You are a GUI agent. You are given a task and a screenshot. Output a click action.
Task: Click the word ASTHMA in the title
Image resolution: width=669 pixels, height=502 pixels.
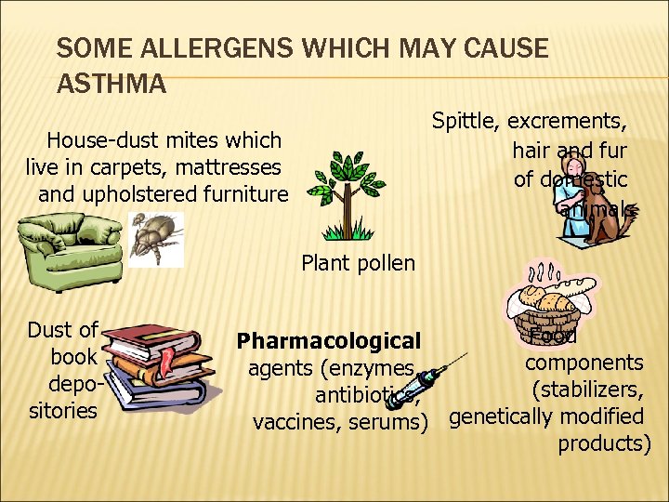[111, 85]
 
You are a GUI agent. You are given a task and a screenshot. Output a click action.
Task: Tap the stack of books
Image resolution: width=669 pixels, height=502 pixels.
[154, 363]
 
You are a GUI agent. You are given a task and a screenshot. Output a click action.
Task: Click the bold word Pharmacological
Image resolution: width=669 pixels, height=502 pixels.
[329, 341]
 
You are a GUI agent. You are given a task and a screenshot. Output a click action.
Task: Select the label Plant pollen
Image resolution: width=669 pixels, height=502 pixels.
[358, 263]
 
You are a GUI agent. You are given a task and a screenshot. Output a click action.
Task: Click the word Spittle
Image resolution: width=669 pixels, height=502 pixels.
[466, 121]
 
